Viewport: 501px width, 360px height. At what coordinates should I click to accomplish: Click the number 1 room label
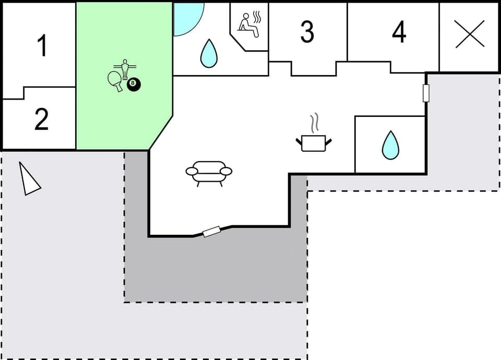click(42, 45)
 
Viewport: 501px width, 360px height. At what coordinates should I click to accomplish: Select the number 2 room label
click(42, 119)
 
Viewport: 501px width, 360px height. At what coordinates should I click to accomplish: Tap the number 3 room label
click(307, 32)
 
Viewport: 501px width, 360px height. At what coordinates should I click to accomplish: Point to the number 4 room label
click(399, 32)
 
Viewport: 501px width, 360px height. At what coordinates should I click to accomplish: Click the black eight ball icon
click(134, 85)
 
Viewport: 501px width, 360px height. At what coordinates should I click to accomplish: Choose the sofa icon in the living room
click(209, 172)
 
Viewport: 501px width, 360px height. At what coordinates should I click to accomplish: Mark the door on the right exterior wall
click(426, 93)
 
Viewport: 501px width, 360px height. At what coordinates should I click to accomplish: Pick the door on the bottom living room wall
click(211, 232)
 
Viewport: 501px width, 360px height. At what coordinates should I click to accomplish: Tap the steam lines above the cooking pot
click(314, 124)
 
